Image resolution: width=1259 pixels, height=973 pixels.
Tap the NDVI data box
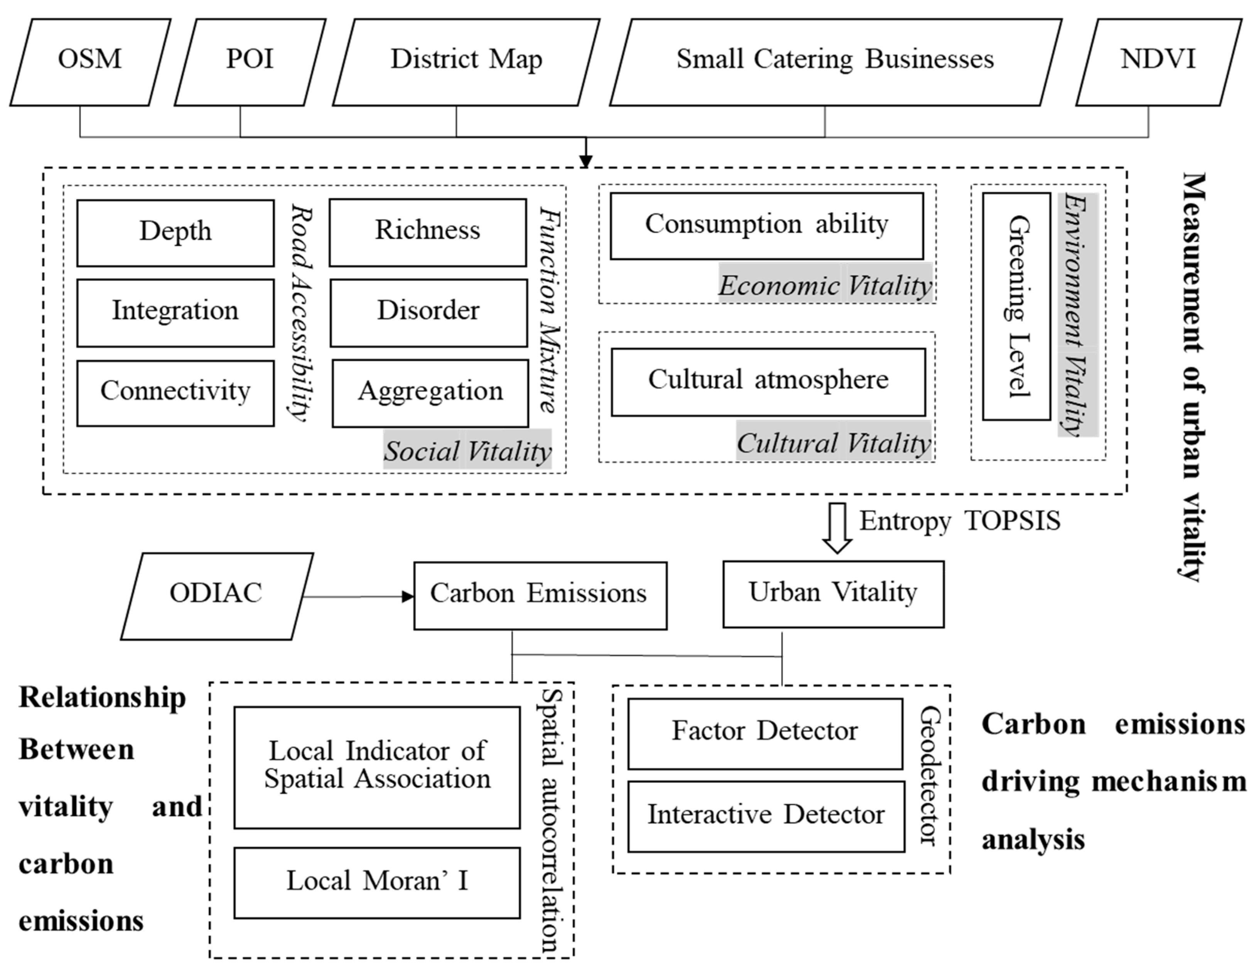[1158, 62]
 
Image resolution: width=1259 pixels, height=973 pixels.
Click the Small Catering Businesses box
[835, 62]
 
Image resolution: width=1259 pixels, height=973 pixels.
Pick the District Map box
[466, 62]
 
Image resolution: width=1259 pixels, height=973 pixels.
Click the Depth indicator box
[175, 233]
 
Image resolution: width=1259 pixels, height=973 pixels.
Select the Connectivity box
[175, 393]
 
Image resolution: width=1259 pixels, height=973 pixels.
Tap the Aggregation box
[430, 393]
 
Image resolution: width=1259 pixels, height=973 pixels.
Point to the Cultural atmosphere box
[768, 381]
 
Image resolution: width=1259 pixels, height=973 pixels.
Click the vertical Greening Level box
[1016, 306]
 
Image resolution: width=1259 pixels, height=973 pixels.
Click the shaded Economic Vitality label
[825, 284]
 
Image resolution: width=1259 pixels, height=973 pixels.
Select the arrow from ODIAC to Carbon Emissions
[358, 597]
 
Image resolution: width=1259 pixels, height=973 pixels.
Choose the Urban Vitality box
[833, 594]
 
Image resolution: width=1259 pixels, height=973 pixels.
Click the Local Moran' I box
[377, 882]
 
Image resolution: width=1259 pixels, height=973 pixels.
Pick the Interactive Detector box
[766, 816]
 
